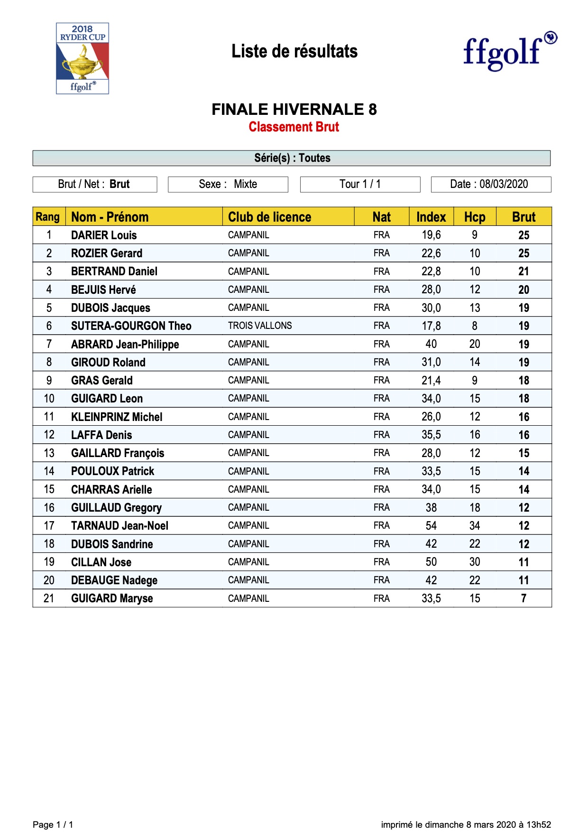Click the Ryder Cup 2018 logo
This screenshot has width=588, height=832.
point(83,58)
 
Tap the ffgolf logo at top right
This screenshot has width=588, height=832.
point(509,51)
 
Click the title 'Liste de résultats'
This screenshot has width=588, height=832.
point(294,51)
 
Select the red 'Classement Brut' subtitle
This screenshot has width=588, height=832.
point(294,127)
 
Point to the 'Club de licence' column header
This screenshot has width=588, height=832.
point(269,217)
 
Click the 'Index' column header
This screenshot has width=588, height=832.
point(431,217)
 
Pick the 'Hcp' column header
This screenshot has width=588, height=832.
point(475,217)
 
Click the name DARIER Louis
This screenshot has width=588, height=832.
point(104,235)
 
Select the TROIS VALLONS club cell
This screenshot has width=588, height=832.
point(260,326)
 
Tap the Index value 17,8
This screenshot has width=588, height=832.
point(431,326)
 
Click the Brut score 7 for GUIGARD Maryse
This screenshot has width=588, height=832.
point(524,598)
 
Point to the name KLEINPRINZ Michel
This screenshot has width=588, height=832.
point(117,417)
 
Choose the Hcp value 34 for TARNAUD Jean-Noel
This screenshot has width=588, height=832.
point(475,526)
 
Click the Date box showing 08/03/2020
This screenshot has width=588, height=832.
point(491,184)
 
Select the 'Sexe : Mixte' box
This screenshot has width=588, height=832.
point(228,184)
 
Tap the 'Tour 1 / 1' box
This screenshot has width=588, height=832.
point(360,184)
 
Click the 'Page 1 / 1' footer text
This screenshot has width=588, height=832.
point(53,825)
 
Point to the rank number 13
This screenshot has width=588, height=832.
point(49,453)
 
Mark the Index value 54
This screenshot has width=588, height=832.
point(431,526)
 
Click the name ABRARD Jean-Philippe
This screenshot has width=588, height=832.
point(125,345)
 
